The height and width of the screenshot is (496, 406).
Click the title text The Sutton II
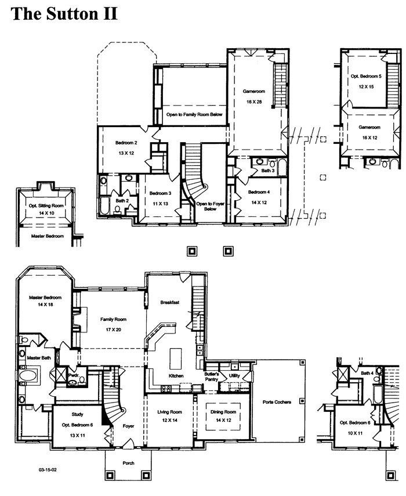tap(64, 14)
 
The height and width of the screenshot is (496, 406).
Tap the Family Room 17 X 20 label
tap(113, 324)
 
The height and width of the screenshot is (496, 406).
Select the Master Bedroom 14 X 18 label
tap(45, 301)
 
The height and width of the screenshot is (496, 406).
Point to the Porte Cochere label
tap(277, 402)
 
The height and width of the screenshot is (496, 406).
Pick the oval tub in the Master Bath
tap(28, 376)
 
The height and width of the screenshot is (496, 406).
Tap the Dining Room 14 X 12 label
tap(223, 416)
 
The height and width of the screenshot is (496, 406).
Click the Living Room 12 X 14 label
tap(169, 416)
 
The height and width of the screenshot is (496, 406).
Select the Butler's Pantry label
tap(212, 376)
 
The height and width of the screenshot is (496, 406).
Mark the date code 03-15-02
tap(48, 470)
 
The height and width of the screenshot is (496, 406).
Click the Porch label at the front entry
tap(128, 463)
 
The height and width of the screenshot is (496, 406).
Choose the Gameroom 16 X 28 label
tap(254, 96)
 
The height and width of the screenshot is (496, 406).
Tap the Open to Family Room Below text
tap(194, 114)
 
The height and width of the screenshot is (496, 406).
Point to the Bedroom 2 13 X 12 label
tap(126, 148)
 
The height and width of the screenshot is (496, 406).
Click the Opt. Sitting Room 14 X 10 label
tap(46, 209)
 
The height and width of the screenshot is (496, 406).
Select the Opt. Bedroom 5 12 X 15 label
tap(366, 81)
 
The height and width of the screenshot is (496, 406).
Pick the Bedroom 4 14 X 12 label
tap(259, 197)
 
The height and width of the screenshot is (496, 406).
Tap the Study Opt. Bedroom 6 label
tap(77, 425)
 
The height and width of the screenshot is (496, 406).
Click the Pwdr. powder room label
tap(73, 375)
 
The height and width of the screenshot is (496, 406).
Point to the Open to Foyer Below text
tap(211, 207)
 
